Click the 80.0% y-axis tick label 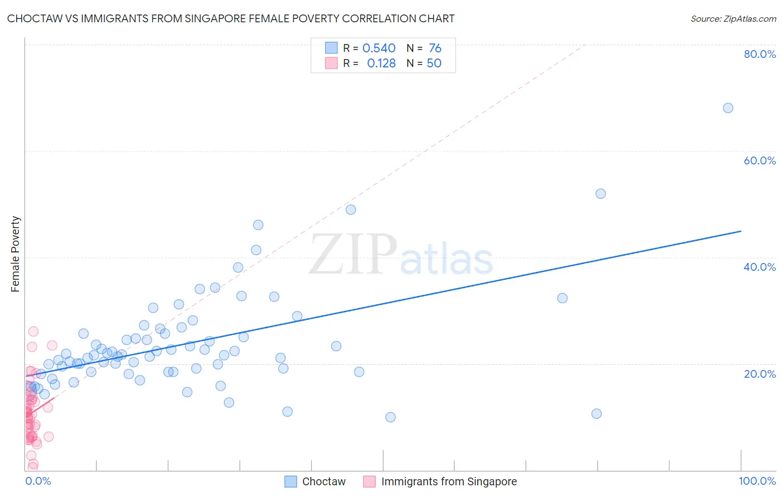(x=760, y=54)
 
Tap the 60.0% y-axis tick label (x=760, y=160)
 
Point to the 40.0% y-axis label (x=760, y=267)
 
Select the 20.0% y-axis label (x=760, y=374)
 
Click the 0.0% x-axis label (x=38, y=481)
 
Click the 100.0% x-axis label (x=757, y=481)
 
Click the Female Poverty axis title (x=16, y=254)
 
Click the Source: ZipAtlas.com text (x=733, y=19)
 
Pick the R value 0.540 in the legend (x=379, y=48)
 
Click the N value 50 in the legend (x=434, y=64)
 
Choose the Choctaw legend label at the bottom (x=324, y=482)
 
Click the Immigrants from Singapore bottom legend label (x=449, y=482)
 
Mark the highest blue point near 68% (x=728, y=108)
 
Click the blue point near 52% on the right (x=600, y=194)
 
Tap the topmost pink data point (x=33, y=332)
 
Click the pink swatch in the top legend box (x=331, y=64)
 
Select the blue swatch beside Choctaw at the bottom (x=291, y=482)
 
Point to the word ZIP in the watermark (x=353, y=255)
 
